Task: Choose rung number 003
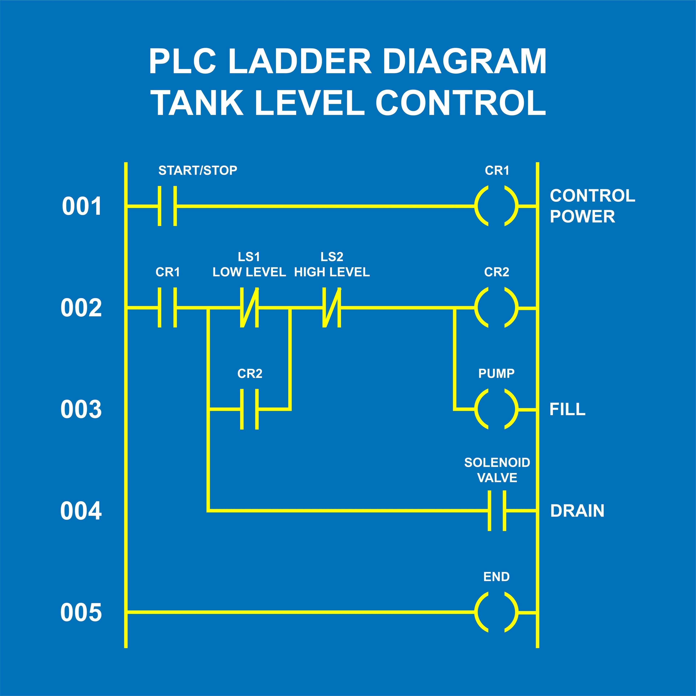pos(81,410)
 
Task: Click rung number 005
pos(81,612)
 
